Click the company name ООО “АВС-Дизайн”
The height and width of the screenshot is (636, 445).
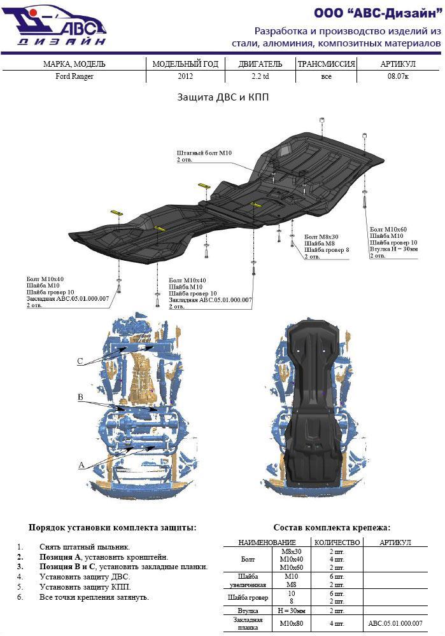click(x=377, y=13)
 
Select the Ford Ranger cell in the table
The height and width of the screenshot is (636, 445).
click(x=73, y=77)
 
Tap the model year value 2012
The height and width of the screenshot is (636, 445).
click(x=185, y=77)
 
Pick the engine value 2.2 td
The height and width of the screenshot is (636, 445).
click(x=260, y=77)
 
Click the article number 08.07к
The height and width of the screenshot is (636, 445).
click(x=398, y=77)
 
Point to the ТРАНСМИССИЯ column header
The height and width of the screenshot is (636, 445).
click(x=326, y=64)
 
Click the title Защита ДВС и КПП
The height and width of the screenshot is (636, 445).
click(x=223, y=99)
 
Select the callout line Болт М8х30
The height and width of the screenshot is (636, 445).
click(x=321, y=236)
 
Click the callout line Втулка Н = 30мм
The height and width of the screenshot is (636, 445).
click(x=393, y=249)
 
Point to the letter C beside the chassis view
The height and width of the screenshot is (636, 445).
click(x=80, y=361)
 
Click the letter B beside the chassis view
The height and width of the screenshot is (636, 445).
click(x=80, y=397)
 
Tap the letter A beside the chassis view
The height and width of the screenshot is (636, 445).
click(x=81, y=466)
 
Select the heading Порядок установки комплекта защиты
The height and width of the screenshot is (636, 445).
click(x=112, y=527)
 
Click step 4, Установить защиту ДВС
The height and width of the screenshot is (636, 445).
click(x=84, y=577)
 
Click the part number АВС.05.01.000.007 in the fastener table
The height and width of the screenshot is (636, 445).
click(x=394, y=624)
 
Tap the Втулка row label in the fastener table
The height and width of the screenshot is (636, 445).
click(x=245, y=610)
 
